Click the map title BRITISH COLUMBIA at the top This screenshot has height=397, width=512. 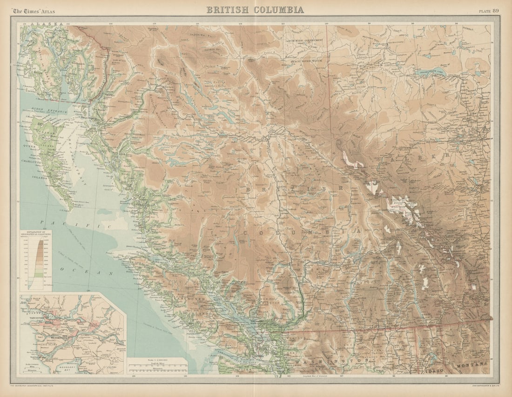(255, 9)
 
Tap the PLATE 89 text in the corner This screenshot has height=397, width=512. (489, 10)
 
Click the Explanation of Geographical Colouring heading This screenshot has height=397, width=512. (35, 234)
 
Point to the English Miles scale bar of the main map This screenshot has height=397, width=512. (157, 366)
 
